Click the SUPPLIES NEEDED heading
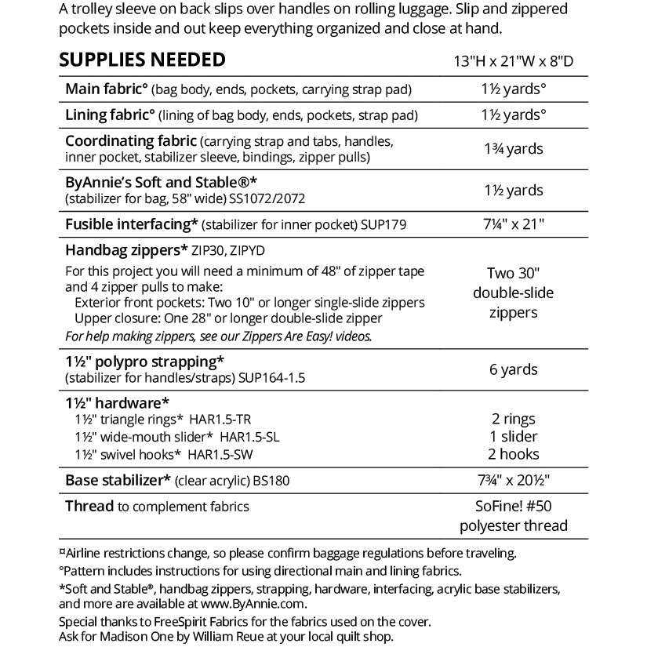click(142, 60)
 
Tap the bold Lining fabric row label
click(110, 115)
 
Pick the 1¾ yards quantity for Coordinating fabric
click(514, 149)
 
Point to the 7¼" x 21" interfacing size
click(514, 225)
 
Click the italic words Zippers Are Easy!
click(298, 336)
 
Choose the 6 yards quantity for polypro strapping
click(514, 369)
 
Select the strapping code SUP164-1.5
click(265, 378)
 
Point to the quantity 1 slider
click(514, 437)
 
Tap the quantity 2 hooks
click(514, 454)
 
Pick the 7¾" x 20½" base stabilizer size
click(514, 480)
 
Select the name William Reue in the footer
click(241, 636)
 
